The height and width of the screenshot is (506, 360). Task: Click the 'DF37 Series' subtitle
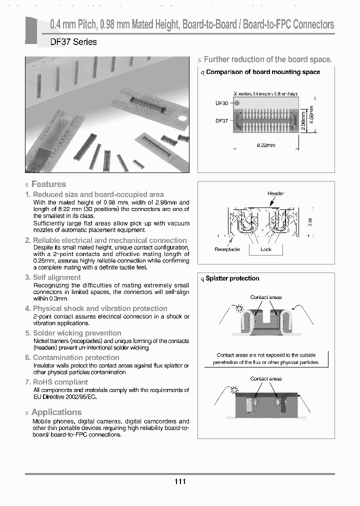point(73,42)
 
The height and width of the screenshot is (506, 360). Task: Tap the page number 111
point(180,481)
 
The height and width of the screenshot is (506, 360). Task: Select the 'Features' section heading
point(48,184)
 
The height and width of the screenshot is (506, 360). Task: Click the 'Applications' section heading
point(56,412)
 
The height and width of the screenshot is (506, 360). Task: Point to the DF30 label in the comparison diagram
point(221,103)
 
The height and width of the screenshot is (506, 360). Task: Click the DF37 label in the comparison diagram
point(221,120)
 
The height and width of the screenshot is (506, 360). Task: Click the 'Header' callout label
point(275,193)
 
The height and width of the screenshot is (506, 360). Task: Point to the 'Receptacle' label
point(227,249)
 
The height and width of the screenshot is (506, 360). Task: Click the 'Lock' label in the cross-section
point(266,249)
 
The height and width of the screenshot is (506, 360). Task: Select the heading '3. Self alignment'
point(56,277)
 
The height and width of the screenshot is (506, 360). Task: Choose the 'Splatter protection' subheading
point(232,278)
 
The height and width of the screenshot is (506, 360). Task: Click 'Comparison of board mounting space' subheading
point(263,72)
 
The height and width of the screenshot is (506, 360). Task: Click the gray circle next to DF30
point(237,103)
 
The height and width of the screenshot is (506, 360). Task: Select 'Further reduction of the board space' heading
point(267,59)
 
